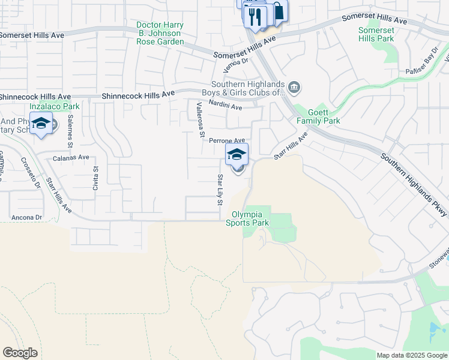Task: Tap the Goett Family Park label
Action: point(318,116)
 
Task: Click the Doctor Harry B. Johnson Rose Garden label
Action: point(159,33)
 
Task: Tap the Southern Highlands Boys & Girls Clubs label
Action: point(248,88)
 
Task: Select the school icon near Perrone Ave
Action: point(237,154)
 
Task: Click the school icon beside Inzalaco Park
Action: point(41,124)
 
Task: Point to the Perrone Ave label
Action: point(227,140)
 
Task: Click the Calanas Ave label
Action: point(71,157)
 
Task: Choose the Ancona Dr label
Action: point(26,217)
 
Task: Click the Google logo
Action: point(20,353)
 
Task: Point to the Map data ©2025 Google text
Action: point(411,355)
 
